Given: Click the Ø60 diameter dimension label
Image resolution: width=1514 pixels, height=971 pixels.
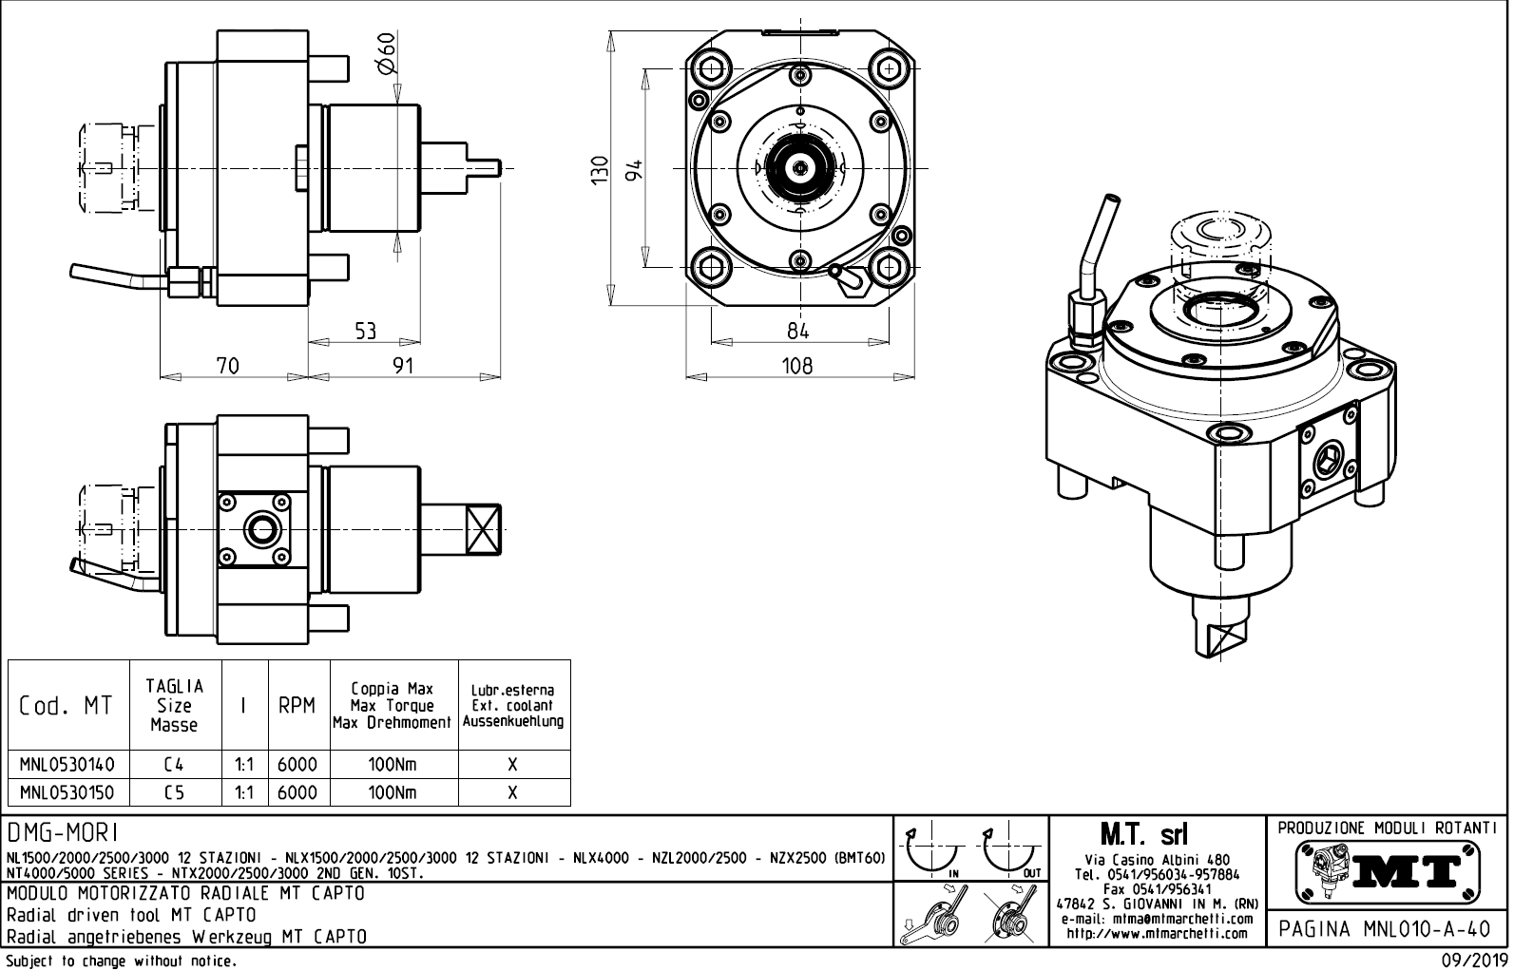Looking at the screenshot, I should (386, 54).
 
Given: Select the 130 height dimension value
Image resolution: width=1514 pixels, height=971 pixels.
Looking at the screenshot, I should (600, 171).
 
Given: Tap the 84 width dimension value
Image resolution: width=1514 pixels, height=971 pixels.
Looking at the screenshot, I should (798, 331).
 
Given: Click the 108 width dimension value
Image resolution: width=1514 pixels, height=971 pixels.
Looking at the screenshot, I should (797, 366).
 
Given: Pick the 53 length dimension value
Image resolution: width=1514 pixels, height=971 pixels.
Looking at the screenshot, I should (366, 331).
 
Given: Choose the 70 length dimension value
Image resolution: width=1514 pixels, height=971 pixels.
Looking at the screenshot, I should (228, 366).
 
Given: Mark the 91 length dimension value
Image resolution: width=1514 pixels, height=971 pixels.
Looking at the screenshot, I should (404, 366).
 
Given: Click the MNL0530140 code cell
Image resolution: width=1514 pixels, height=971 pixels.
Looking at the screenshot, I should (67, 765).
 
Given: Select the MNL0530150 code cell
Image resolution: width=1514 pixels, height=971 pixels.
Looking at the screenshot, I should (67, 792).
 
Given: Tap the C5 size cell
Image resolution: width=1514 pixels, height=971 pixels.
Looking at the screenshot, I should (174, 792).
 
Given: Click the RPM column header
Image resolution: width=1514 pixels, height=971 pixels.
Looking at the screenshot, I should (297, 706).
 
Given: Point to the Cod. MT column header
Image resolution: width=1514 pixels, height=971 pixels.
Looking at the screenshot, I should (67, 706).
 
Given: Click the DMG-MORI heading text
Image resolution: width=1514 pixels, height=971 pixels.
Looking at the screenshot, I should (62, 833).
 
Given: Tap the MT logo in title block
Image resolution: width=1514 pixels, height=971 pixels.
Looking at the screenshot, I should (1389, 869).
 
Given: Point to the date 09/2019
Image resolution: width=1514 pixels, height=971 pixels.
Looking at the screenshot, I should (1473, 961).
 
